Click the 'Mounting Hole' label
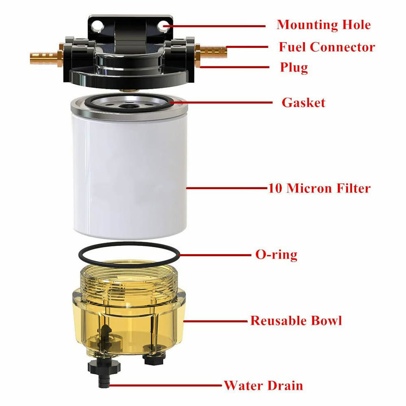[x=324, y=25]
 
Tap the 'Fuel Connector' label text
[x=326, y=47]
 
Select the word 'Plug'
[x=294, y=67]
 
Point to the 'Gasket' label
[x=303, y=102]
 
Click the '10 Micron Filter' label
[x=319, y=188]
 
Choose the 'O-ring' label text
[x=276, y=255]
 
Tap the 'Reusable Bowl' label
[x=296, y=321]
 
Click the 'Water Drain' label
[x=263, y=385]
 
